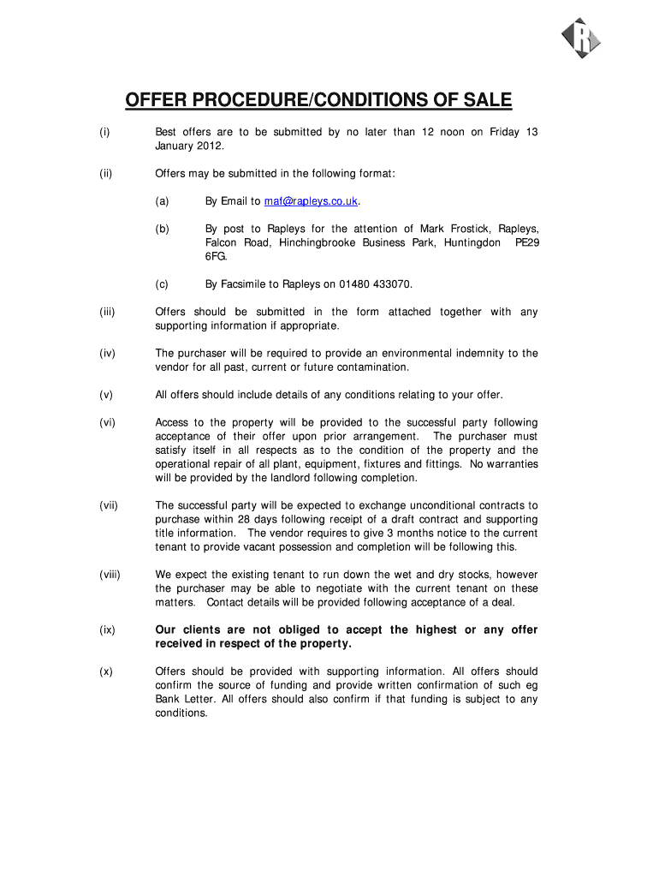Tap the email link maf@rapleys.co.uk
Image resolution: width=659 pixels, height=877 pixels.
[312, 201]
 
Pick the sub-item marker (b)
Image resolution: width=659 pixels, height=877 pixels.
[162, 229]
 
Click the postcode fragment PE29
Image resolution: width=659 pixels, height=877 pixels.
[525, 242]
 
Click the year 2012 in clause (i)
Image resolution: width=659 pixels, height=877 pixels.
[210, 146]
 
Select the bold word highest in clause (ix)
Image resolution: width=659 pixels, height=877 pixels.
[436, 629]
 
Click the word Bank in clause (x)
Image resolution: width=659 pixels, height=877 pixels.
[169, 699]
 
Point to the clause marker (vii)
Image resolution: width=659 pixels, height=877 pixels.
[108, 505]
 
